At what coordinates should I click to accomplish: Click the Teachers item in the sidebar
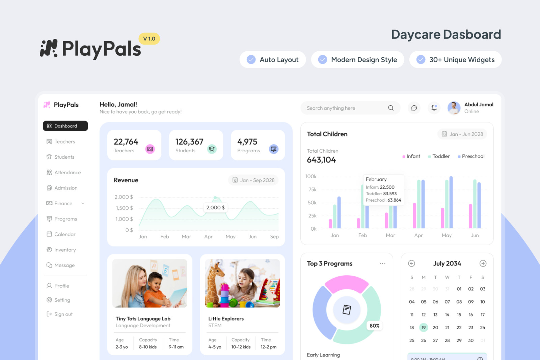point(64,142)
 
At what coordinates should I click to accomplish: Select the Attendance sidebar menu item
point(67,173)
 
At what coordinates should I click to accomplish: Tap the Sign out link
point(63,314)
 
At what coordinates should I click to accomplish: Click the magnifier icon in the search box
point(391,108)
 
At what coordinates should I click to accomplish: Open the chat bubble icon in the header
point(414,108)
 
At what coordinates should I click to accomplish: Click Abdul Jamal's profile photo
point(454,108)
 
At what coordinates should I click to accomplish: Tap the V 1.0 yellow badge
point(149,39)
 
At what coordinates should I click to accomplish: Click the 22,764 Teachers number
point(126,142)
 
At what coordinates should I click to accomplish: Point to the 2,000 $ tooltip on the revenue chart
point(215,208)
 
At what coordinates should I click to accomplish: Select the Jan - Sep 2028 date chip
point(253,180)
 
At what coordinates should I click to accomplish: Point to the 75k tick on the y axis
point(313,190)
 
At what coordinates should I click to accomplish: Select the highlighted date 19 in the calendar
point(424,328)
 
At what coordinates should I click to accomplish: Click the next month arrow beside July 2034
point(483,263)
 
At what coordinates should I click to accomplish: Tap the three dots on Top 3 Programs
point(382,263)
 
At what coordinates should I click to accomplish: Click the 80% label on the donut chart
point(375,326)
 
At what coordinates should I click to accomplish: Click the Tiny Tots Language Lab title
point(143,319)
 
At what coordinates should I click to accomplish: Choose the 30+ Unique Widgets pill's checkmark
point(421,60)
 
